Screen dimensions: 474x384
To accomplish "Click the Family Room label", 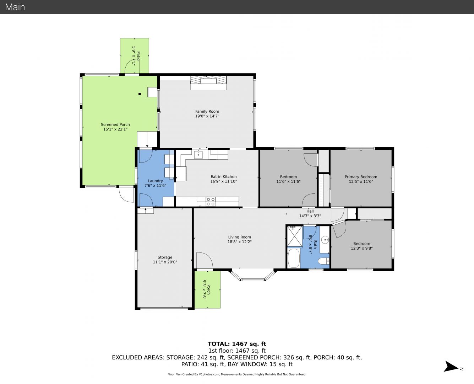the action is pos(207,111).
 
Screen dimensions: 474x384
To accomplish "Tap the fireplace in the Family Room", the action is pos(208,83).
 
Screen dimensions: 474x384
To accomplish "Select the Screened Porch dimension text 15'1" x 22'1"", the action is pos(115,129).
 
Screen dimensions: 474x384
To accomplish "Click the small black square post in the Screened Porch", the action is pos(140,94).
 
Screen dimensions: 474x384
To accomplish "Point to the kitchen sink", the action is pos(198,154).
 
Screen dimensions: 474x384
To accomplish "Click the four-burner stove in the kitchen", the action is pos(211,202).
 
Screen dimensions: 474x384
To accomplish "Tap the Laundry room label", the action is pos(155,181).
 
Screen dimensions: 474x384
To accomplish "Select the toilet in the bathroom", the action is pos(323,261).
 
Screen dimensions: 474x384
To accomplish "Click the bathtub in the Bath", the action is pos(294,258).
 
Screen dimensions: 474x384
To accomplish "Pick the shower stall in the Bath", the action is pos(295,236).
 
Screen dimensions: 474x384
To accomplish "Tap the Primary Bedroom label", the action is pos(361,177).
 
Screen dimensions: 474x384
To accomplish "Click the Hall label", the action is pos(310,211).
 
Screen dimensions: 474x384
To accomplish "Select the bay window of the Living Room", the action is pos(253,275).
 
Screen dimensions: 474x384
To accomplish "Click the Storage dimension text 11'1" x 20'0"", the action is pos(165,262).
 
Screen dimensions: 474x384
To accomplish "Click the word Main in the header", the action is pos(15,7).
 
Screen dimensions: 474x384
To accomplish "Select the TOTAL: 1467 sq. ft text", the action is pos(237,344).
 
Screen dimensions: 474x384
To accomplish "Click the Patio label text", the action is pos(138,56).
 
